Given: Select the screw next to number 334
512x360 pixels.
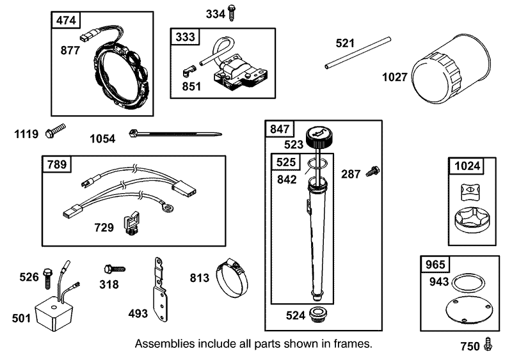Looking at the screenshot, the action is pos(232,13).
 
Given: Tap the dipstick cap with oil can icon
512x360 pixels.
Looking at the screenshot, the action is pos(319,137).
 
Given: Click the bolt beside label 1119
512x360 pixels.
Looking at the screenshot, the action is pos(55,130).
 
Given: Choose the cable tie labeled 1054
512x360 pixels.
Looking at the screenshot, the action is pos(175,134).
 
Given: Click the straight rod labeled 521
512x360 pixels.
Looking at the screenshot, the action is pos(358,52).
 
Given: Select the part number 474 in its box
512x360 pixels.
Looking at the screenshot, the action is pos(66,20).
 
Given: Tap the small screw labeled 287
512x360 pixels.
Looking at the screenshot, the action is pos(373,171).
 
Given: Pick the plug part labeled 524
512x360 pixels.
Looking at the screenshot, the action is pos(317,315).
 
